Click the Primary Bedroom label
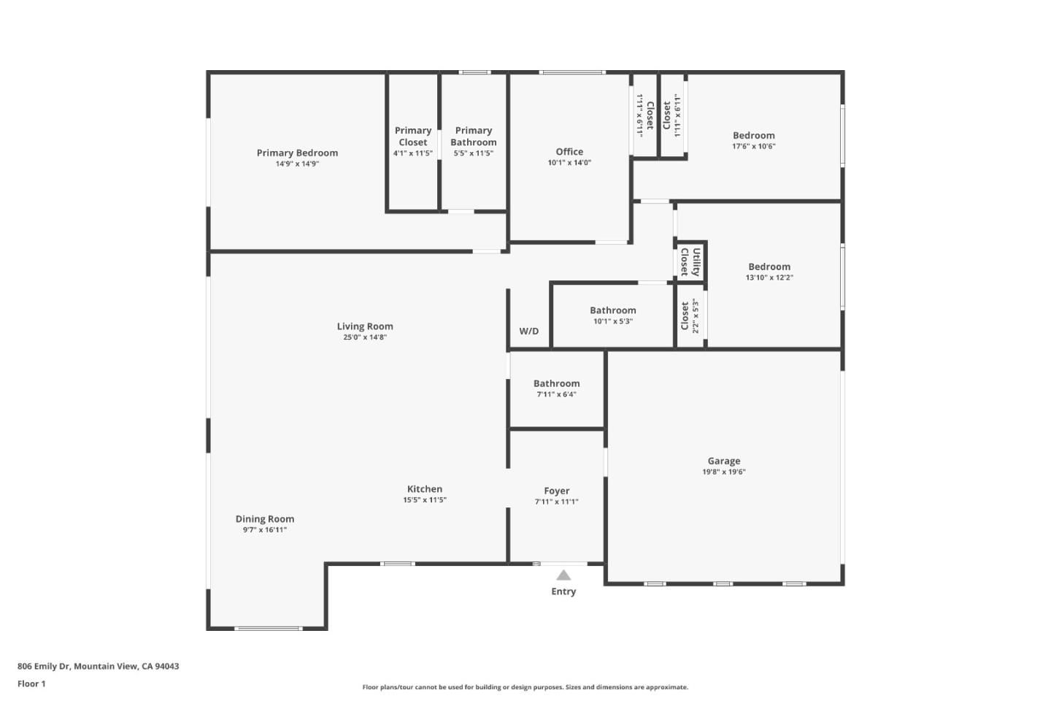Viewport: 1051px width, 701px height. click(297, 153)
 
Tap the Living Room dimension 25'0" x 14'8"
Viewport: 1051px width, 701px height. click(365, 337)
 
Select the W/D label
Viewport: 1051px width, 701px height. click(529, 331)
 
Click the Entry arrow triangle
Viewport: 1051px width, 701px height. click(563, 575)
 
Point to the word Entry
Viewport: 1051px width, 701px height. click(563, 591)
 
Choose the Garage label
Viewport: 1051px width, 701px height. click(724, 461)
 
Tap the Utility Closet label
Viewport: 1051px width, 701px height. click(690, 261)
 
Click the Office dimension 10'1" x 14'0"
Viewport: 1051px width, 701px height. click(569, 163)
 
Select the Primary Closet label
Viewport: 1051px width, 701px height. click(413, 137)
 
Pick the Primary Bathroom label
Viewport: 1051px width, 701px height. click(474, 137)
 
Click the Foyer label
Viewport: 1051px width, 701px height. click(556, 491)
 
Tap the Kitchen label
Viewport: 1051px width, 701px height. click(425, 489)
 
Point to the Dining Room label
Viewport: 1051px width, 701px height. click(265, 519)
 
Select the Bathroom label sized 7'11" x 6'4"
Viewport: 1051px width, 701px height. click(556, 383)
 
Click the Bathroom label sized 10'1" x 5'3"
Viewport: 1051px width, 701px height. click(613, 310)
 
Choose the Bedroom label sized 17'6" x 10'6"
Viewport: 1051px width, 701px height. click(754, 135)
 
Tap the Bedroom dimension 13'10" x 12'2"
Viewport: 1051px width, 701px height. click(769, 277)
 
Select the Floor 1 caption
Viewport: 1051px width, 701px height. click(31, 683)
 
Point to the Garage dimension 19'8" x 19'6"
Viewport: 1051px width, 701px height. click(724, 472)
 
